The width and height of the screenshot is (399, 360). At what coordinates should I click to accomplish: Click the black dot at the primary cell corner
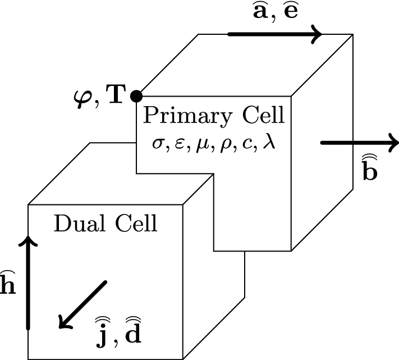point(136,96)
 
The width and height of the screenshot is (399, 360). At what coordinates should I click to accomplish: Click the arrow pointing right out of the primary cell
point(359,143)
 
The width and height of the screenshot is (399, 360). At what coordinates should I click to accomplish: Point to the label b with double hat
point(369,168)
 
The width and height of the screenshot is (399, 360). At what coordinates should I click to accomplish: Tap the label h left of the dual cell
point(7,285)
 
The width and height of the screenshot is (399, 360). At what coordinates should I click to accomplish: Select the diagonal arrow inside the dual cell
point(82,304)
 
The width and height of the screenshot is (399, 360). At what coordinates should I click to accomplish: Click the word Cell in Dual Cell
point(135,225)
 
